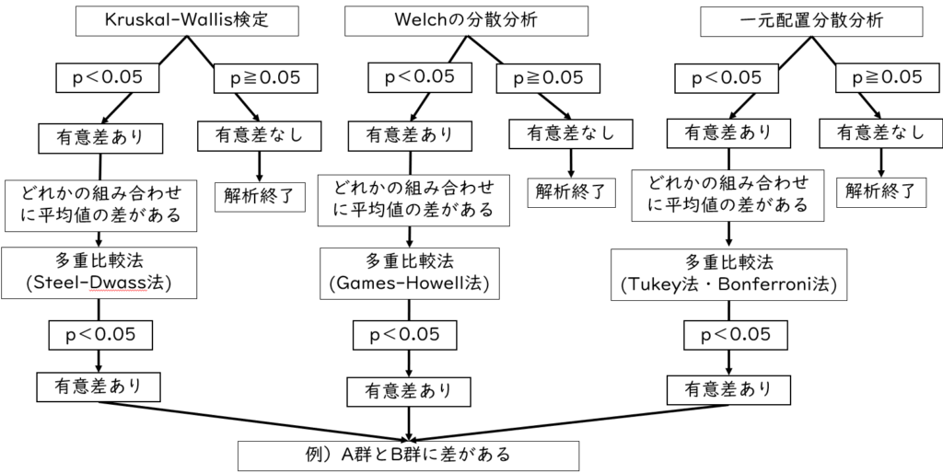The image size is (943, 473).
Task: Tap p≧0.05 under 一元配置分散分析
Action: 879,79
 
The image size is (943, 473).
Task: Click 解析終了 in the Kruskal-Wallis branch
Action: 260,195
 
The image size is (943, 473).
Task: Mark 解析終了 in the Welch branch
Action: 571,192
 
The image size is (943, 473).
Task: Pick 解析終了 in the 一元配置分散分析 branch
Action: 881,191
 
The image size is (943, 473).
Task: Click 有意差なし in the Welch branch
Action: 570,133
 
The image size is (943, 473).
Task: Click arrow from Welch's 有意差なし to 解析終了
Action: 571,163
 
